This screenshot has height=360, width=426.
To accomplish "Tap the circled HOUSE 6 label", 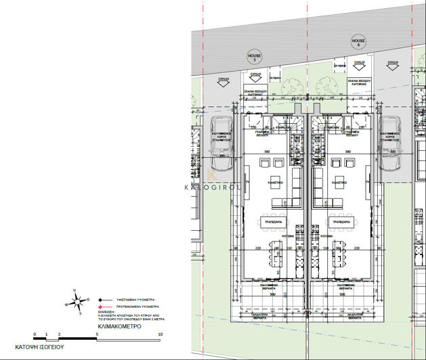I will click(358, 42).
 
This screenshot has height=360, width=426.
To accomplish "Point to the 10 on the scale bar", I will click(160, 334).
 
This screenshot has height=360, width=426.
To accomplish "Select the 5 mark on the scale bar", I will click(97, 334).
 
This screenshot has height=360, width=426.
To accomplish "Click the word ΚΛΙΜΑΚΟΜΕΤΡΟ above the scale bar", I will click(113, 325).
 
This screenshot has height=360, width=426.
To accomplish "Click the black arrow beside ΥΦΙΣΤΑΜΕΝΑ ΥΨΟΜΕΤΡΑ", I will click(99, 298).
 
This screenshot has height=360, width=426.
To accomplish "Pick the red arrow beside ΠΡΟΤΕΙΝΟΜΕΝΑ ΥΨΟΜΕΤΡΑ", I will click(99, 305).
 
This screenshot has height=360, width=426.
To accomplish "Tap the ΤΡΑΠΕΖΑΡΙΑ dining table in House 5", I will click(274, 221).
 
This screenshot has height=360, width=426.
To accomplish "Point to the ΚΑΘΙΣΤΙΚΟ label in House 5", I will click(274, 182).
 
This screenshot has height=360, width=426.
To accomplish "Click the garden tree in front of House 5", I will click(292, 85).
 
